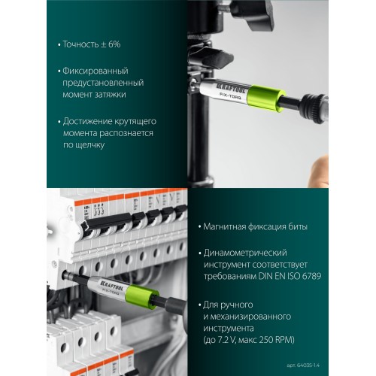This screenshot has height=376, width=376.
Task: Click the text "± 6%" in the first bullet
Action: coord(110,44)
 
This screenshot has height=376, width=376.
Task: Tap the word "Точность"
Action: coord(78,44)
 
